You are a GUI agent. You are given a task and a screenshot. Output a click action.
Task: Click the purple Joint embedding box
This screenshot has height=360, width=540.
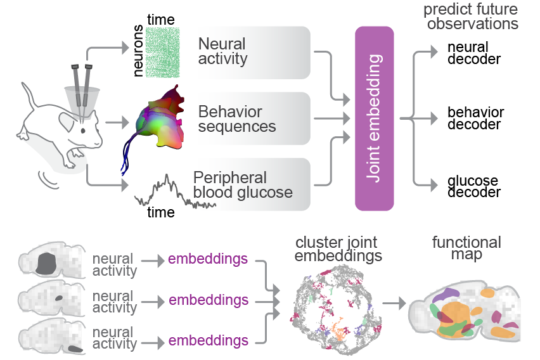[374, 119]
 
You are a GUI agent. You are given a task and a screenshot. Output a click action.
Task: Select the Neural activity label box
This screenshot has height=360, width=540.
[254, 53]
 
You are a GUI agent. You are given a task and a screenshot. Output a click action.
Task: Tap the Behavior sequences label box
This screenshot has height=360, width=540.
[254, 119]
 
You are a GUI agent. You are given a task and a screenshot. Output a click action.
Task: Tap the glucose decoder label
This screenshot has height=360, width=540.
[473, 186]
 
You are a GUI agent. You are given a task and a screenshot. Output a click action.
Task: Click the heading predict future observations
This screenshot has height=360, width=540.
[470, 17]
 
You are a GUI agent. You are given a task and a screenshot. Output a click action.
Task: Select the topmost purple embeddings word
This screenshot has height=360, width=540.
[208, 260]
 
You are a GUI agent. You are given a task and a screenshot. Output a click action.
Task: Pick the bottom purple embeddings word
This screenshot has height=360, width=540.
[208, 341]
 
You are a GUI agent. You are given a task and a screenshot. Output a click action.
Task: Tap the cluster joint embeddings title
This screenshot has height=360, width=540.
[337, 250]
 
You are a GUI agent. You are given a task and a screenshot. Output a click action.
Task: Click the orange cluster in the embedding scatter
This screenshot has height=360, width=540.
[342, 331]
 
